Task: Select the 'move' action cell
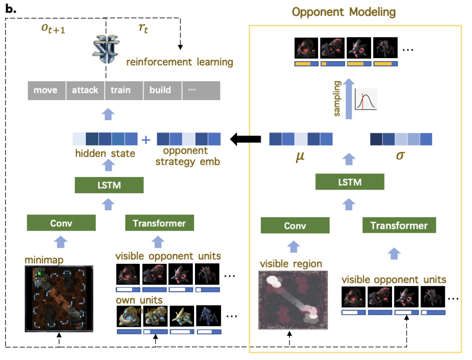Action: point(45,90)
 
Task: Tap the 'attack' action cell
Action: point(85,90)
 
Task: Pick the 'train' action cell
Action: point(120,90)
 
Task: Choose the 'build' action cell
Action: point(160,90)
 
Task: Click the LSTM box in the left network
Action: point(109,185)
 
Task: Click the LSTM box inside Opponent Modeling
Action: point(350,182)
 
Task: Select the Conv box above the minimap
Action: point(61,223)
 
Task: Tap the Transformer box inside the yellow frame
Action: point(399,225)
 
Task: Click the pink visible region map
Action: point(293,300)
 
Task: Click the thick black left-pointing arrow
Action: point(246,139)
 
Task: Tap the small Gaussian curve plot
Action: point(366,100)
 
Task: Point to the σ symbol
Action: point(400,155)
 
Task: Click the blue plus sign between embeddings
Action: point(146,139)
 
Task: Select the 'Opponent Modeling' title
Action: point(344,12)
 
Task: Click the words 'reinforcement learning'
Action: point(180,62)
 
